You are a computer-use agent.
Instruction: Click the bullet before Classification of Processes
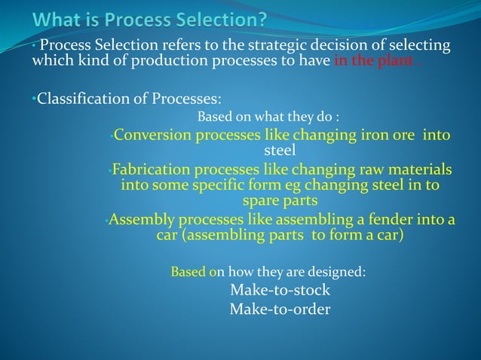coord(34,99)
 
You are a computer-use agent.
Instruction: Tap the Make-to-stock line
coord(280,291)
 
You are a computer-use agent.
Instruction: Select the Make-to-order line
coord(280,310)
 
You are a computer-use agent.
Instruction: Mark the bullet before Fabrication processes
coord(109,170)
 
